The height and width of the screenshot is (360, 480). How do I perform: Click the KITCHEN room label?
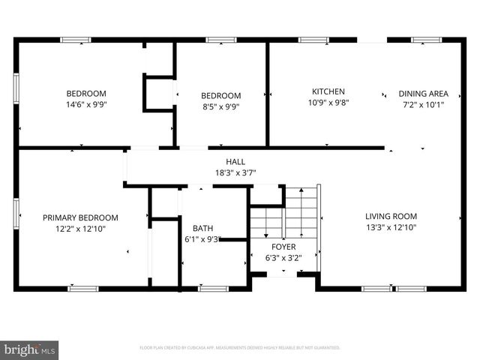pyautogui.click(x=328, y=91)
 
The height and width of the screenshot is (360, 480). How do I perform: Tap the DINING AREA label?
pyautogui.click(x=423, y=94)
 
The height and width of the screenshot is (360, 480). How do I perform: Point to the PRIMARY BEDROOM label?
pyautogui.click(x=80, y=217)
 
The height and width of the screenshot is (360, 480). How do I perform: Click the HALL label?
pyautogui.click(x=235, y=161)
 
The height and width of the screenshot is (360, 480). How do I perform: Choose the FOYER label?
pyautogui.click(x=283, y=246)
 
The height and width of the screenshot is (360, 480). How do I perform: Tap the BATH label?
pyautogui.click(x=202, y=228)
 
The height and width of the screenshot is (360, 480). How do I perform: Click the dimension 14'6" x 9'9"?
pyautogui.click(x=85, y=105)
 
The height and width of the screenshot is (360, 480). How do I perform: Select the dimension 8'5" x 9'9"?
pyautogui.click(x=220, y=106)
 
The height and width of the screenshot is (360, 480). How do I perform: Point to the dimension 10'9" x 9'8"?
pyautogui.click(x=328, y=102)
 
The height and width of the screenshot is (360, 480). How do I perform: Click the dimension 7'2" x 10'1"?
pyautogui.click(x=423, y=105)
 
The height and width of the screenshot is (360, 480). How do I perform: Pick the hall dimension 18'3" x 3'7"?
pyautogui.click(x=235, y=172)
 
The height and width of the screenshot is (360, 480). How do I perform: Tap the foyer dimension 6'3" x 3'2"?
pyautogui.click(x=283, y=257)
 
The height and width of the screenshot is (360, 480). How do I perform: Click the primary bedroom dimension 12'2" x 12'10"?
pyautogui.click(x=80, y=229)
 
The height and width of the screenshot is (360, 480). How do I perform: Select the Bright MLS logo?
pyautogui.click(x=30, y=350)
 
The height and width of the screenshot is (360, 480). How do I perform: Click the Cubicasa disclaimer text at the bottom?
pyautogui.click(x=240, y=348)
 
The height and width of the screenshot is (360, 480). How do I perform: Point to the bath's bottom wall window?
pyautogui.click(x=213, y=288)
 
